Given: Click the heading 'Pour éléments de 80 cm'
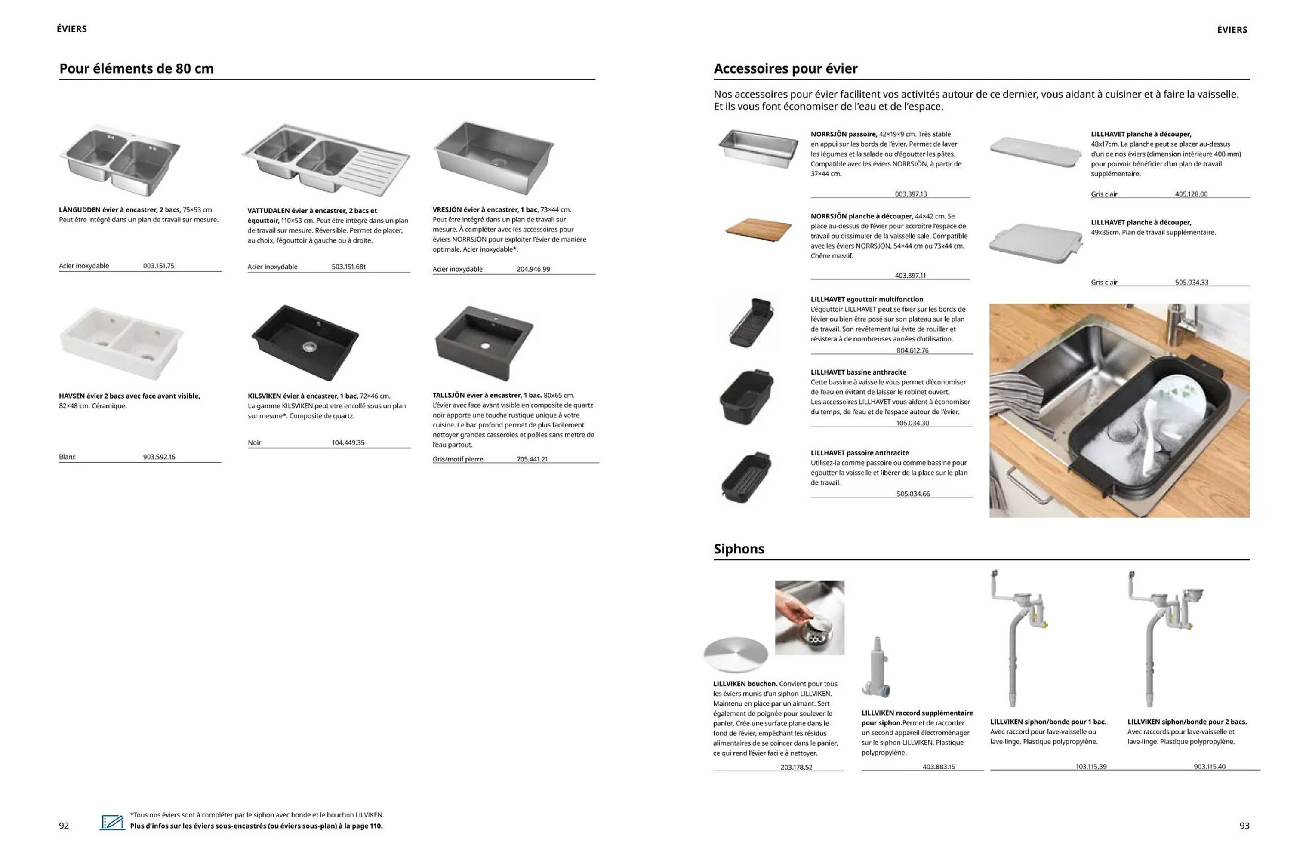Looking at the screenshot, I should [136, 69].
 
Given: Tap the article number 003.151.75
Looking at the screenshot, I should [158, 266].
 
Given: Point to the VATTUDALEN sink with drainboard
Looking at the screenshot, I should [326, 160].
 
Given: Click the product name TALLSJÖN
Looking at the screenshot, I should [448, 395].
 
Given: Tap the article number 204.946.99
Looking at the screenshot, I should [533, 269].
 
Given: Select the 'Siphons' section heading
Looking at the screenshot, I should [739, 549].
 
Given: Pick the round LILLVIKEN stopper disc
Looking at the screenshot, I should [735, 655].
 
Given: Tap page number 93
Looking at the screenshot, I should [1244, 826].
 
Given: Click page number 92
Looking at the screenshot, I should [64, 826].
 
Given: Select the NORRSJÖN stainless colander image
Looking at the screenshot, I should [758, 147].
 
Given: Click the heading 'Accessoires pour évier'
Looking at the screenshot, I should [785, 69].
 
